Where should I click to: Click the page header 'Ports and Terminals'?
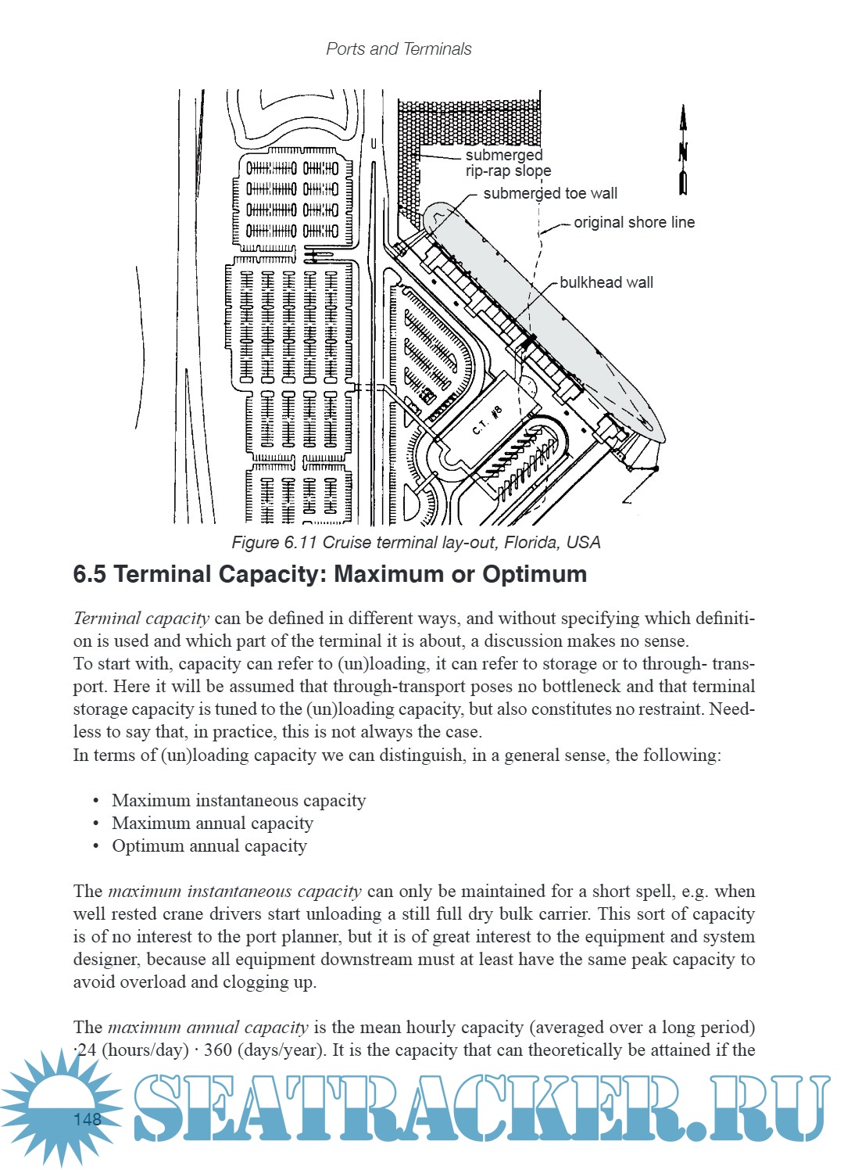pos(399,48)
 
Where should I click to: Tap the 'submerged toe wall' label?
pos(549,193)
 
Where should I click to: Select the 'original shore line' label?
pos(634,222)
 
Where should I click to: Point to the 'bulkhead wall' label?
pos(606,282)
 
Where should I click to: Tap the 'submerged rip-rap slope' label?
pos(507,163)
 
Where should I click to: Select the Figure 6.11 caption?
pos(416,542)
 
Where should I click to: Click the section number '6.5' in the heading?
pos(89,574)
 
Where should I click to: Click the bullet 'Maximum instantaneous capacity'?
pos(238,800)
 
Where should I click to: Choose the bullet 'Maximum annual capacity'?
pos(212,823)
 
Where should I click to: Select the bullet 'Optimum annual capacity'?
pos(209,845)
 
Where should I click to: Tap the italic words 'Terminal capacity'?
pos(141,618)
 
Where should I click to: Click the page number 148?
pos(87,1119)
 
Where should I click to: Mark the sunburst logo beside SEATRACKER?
pos(61,1106)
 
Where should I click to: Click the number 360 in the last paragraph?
pos(218,1050)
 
